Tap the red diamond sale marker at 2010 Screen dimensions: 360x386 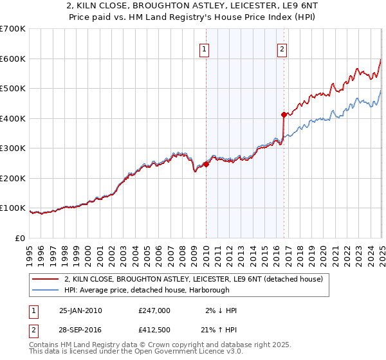(206, 164)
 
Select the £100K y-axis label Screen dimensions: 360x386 (13, 208)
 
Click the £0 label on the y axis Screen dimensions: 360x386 (20, 238)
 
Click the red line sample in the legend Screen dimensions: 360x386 (45, 279)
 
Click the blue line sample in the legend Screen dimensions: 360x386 (45, 290)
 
